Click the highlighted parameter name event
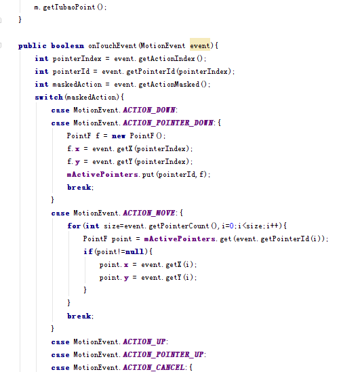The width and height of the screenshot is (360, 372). (200, 45)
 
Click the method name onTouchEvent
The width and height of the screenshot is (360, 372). (113, 45)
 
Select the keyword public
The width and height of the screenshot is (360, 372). (33, 46)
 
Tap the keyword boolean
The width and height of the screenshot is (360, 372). (67, 45)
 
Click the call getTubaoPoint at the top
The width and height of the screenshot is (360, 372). (69, 7)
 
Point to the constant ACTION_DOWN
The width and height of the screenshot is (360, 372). (149, 110)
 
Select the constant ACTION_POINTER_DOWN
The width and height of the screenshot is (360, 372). (168, 123)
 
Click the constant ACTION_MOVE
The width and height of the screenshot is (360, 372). (148, 213)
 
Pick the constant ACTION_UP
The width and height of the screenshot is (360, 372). (144, 342)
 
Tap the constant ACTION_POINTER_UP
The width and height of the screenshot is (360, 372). (163, 354)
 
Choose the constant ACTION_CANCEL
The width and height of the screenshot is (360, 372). (154, 367)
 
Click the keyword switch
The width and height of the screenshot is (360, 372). (49, 97)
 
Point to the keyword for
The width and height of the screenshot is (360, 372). (74, 226)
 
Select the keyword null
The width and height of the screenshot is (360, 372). (134, 251)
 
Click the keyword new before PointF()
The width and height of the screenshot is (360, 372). (119, 136)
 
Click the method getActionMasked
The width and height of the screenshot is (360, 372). (169, 84)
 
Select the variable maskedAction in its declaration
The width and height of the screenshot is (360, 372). (77, 84)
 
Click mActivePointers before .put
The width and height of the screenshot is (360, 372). (102, 174)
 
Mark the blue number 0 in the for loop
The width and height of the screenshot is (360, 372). (231, 226)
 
